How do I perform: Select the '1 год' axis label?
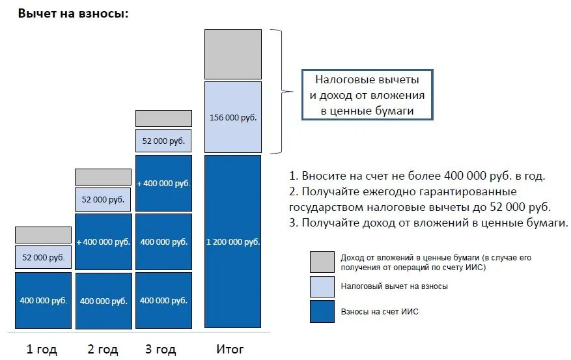pos(42,350)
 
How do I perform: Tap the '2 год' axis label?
pos(102,350)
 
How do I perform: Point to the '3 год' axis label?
pos(161,350)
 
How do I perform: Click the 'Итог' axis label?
pos(230,350)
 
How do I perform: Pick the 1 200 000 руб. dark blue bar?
pos(232,242)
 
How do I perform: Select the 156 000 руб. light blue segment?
pos(232,117)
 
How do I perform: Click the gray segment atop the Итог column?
pos(232,54)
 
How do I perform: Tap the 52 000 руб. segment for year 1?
pos(43,257)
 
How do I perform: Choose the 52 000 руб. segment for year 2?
pos(103,199)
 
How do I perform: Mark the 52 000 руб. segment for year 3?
pos(163,141)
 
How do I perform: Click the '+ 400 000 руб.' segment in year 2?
pos(103,242)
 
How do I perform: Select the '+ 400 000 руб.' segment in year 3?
pos(163,184)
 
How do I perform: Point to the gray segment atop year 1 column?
pos(43,234)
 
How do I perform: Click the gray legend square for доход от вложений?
pos(322,262)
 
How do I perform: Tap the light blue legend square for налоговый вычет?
pos(322,286)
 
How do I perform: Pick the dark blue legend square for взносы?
pos(322,311)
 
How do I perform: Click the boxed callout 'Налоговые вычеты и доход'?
pos(367,94)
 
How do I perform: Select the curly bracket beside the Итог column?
pos(280,91)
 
